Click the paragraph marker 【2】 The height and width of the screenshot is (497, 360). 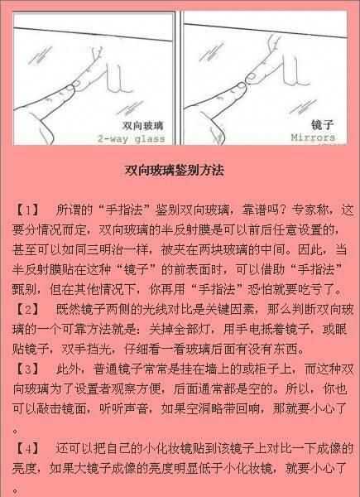27,309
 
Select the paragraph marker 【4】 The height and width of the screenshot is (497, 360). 27,450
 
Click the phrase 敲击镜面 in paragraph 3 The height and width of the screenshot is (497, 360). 77,410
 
